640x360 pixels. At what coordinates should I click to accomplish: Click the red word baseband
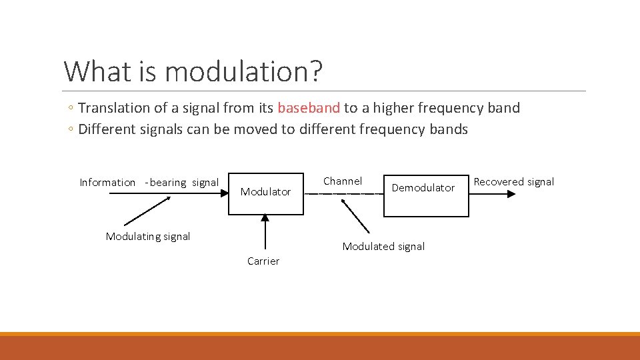coord(309,108)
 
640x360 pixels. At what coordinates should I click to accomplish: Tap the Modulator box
coord(265,192)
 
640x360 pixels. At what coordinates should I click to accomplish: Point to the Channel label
coord(343,181)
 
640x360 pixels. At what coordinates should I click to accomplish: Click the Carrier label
coord(263,261)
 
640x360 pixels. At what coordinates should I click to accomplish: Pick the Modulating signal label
coord(148,237)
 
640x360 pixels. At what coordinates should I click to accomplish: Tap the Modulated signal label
coord(383,247)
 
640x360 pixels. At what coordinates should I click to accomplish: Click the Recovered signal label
coord(513,182)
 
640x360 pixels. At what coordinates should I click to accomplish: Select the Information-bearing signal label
coord(149,183)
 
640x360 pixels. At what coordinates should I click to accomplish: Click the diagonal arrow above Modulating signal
coord(147,210)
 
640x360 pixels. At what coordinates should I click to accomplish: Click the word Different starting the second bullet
coord(107,129)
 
